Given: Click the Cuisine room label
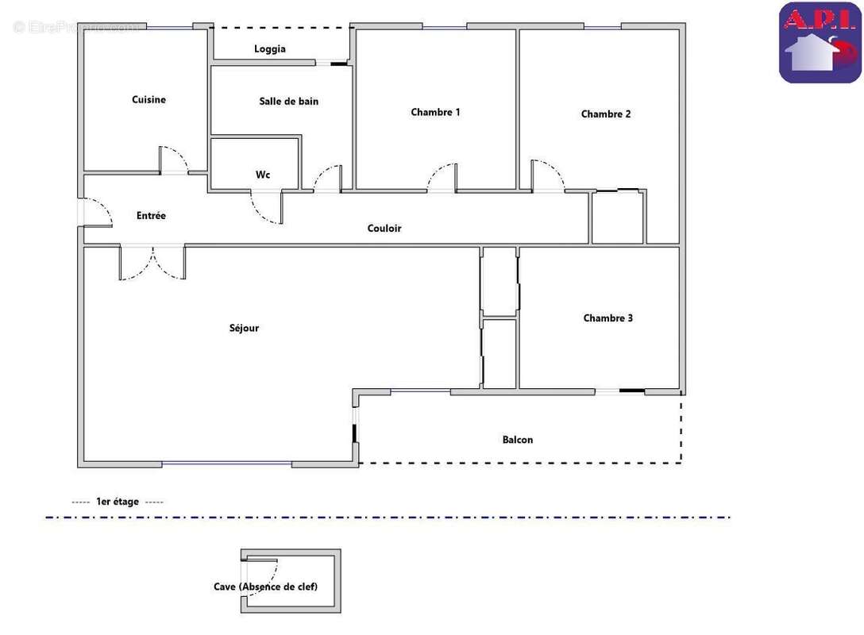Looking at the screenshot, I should tap(148, 100).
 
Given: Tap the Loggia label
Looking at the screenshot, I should tap(270, 49).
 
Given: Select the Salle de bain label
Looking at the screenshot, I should tap(288, 102).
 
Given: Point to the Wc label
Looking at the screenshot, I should tap(263, 175).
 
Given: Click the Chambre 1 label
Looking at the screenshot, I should tap(435, 113).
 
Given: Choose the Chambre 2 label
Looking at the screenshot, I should tap(606, 114).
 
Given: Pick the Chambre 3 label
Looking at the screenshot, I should tap(607, 318).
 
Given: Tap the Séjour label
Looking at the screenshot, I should tap(244, 329).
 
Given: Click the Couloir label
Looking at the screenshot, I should tap(384, 229).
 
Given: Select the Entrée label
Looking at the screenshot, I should tap(151, 216).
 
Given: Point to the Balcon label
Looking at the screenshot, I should tap(517, 440).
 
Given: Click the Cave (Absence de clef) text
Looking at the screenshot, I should tap(265, 587).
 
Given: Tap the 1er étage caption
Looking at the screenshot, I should tap(118, 502).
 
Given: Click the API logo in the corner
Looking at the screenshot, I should tap(820, 43).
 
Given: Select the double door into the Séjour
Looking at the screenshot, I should tap(152, 264).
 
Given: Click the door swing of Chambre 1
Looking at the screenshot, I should tap(442, 178).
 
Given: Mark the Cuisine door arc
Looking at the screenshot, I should tap(174, 160).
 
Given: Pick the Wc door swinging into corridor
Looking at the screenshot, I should tap(266, 208).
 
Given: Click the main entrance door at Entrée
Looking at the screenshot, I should tap(95, 212).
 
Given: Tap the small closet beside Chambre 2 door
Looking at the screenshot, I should tap(617, 217).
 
